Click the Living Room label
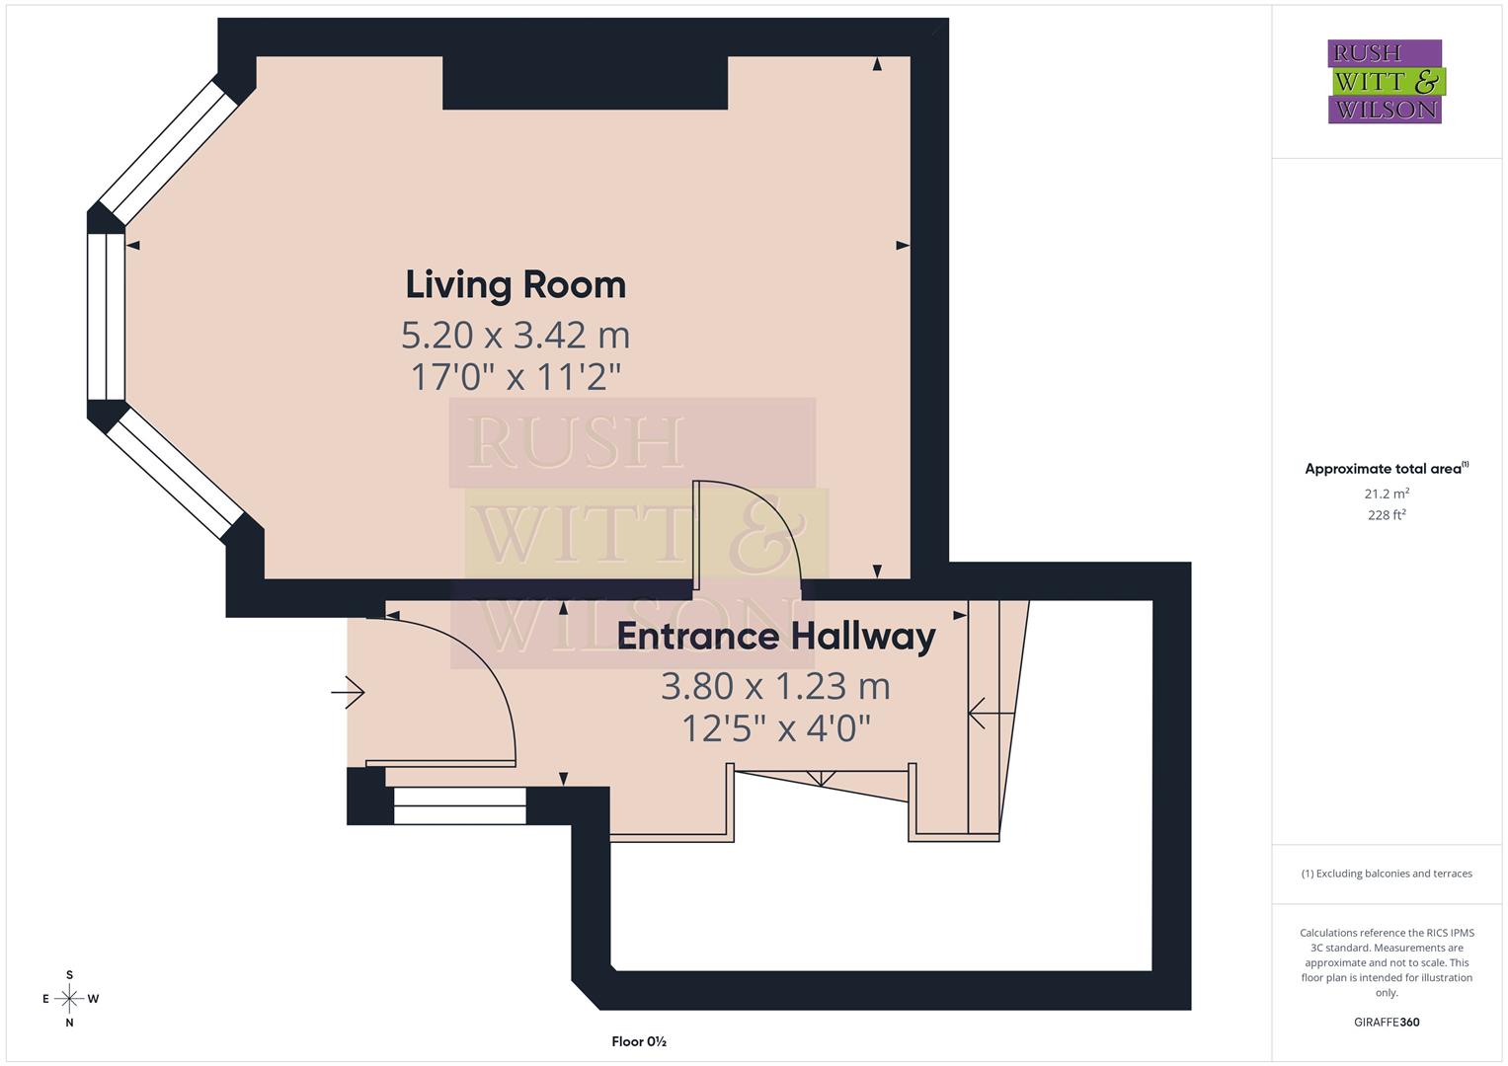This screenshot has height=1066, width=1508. click(x=516, y=285)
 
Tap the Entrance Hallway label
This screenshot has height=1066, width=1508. click(x=776, y=637)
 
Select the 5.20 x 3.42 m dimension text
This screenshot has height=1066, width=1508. click(x=516, y=336)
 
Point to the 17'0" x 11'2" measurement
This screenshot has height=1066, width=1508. click(x=516, y=377)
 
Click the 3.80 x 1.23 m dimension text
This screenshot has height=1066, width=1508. click(x=776, y=686)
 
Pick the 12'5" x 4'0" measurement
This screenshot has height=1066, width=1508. click(x=776, y=729)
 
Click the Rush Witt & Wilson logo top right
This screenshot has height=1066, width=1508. click(x=1385, y=82)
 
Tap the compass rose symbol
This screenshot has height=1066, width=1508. click(x=69, y=999)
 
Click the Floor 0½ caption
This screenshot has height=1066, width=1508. click(x=639, y=1041)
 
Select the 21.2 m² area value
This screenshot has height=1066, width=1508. click(x=1387, y=494)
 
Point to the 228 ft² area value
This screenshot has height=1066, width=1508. click(x=1387, y=515)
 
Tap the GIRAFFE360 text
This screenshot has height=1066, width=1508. click(x=1387, y=1022)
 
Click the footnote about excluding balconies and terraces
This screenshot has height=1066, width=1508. click(x=1387, y=874)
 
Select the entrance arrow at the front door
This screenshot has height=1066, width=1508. click(x=348, y=693)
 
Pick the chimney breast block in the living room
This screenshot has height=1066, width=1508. click(x=585, y=83)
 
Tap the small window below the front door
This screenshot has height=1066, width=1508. click(x=459, y=805)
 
